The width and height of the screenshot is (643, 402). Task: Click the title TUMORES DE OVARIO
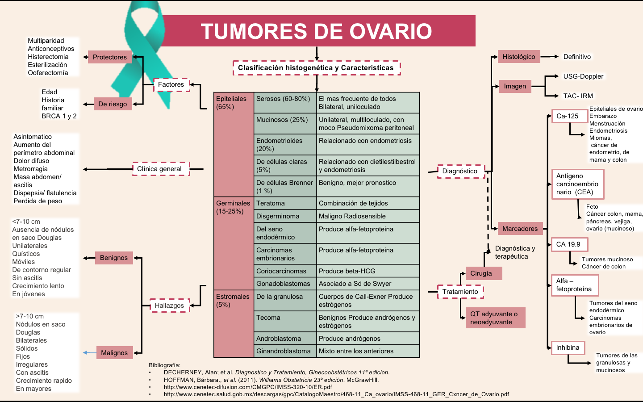316,31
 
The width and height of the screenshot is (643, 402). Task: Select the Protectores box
110,57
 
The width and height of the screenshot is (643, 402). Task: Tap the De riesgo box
113,104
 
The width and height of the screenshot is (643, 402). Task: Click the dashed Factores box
171,84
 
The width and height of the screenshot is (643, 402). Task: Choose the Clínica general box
159,169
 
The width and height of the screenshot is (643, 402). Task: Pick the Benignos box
114,258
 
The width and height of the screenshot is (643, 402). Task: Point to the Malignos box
114,353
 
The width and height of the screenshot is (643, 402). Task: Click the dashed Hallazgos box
169,306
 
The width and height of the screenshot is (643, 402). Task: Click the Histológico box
519,57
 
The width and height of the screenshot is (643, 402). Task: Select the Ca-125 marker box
568,116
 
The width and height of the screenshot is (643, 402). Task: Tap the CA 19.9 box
569,244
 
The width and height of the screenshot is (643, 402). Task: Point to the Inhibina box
568,348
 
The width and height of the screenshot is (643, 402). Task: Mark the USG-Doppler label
583,76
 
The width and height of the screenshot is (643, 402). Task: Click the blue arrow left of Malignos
89,353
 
